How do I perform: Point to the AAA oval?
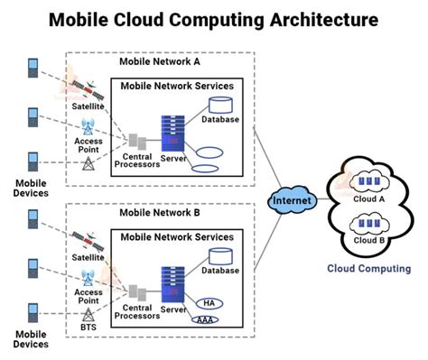[206, 319]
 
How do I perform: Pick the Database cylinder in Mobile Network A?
[219, 106]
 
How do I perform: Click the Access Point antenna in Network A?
[88, 127]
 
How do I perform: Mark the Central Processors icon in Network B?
[138, 292]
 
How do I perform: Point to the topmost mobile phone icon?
[33, 68]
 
